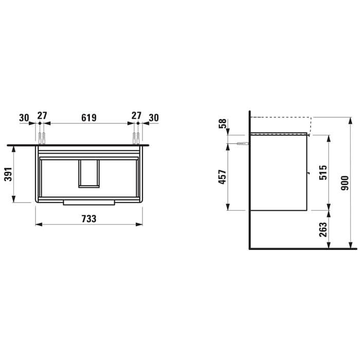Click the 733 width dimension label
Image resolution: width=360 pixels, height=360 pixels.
[89, 219]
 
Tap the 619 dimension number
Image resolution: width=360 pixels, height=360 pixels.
[89, 118]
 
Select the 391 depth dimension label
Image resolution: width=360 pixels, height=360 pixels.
[8, 174]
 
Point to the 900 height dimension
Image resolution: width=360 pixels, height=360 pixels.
[345, 183]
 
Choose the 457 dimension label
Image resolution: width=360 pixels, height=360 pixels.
[222, 177]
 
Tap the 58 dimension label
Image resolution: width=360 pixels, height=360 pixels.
[222, 123]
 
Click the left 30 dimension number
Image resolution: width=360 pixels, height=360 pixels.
[24, 118]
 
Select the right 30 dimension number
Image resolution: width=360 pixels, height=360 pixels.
[154, 118]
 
